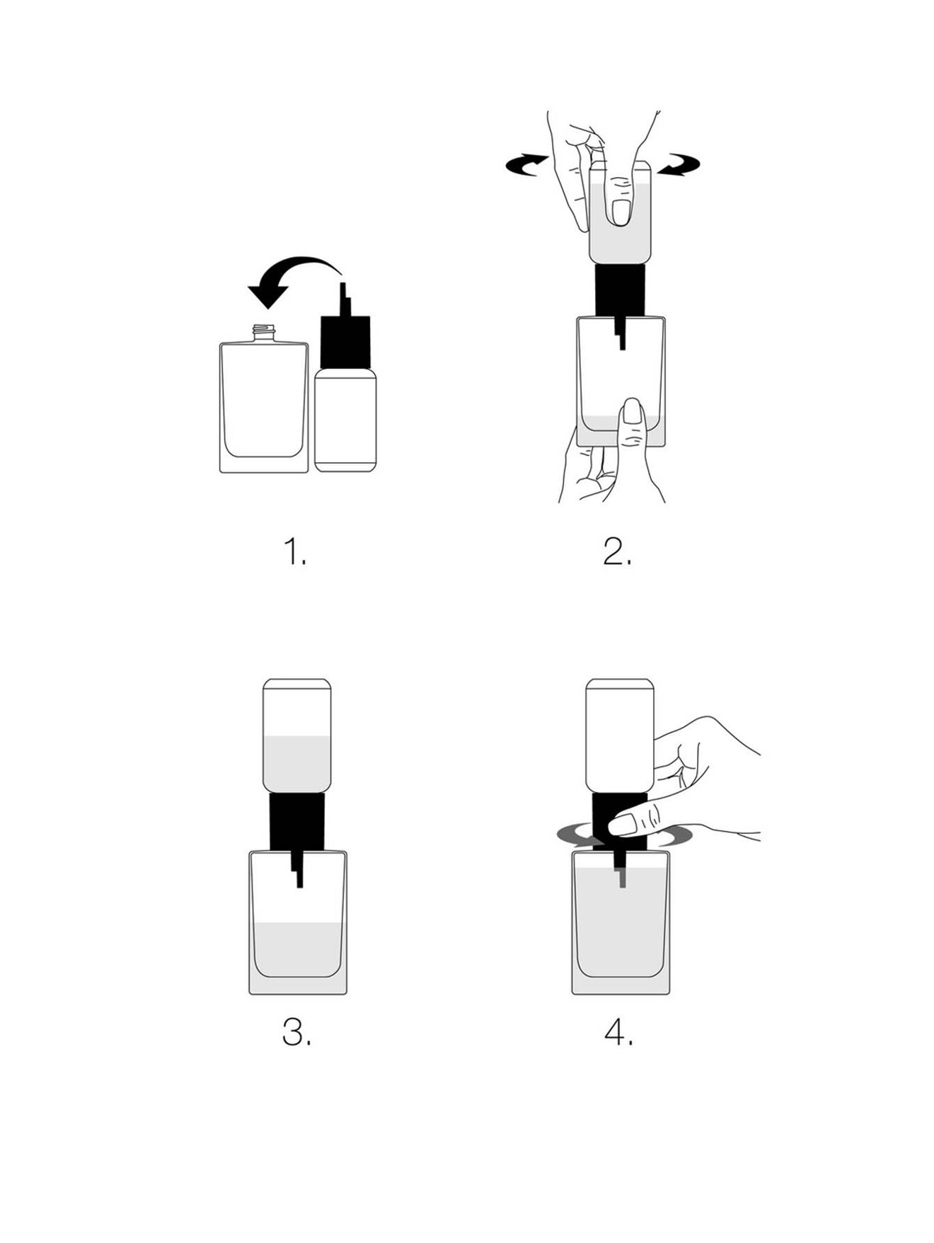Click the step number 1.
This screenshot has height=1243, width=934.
(x=294, y=551)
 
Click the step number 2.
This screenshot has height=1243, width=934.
(x=617, y=551)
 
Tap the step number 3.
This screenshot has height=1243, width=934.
(x=296, y=1033)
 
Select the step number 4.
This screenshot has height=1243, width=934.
(x=619, y=1033)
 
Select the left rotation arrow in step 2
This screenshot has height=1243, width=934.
(x=527, y=165)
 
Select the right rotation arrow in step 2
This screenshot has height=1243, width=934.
(x=678, y=165)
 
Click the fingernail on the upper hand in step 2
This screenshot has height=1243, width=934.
(x=620, y=211)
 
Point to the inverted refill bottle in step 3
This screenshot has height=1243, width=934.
(x=297, y=735)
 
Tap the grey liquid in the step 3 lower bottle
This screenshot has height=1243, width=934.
(x=298, y=949)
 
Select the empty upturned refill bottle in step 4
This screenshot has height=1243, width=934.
(x=620, y=735)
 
